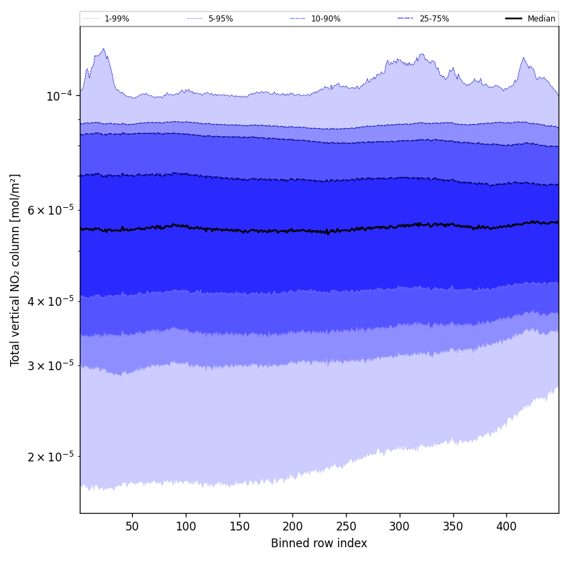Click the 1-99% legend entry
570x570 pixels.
(x=116, y=19)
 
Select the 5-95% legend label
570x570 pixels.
(x=220, y=19)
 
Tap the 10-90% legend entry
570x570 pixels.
(x=325, y=19)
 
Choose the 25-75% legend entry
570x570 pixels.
(x=434, y=19)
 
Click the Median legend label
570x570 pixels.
(x=541, y=19)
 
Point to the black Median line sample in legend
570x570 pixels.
(x=514, y=19)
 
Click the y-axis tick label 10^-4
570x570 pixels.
(x=59, y=96)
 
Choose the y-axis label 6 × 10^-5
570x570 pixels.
(x=50, y=210)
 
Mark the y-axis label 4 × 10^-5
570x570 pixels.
(x=50, y=300)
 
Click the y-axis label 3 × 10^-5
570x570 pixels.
(x=50, y=365)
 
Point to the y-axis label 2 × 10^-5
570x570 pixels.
(x=50, y=457)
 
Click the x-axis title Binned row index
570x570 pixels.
(x=319, y=543)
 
